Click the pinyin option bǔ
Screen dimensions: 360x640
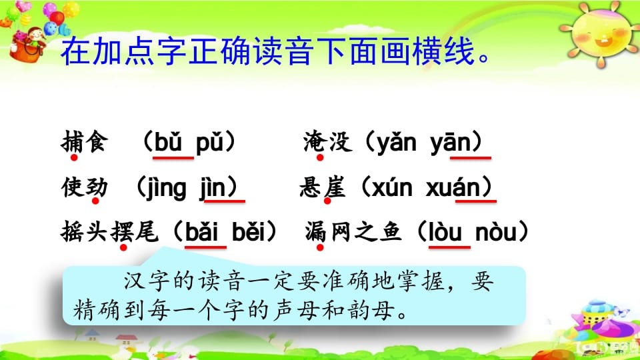(x=171, y=143)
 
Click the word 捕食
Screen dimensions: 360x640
(x=83, y=143)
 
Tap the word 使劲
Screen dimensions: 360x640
(x=83, y=187)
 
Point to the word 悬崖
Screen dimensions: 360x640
(x=323, y=187)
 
